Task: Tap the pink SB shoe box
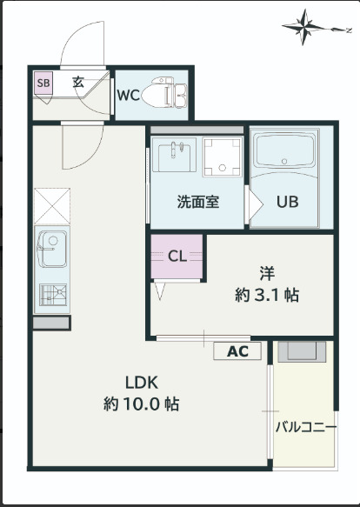click(42, 83)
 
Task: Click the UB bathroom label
click(287, 202)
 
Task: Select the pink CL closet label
click(177, 256)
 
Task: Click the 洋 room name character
click(267, 270)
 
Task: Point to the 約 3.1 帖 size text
click(267, 295)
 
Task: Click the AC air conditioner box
click(237, 351)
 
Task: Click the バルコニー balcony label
click(305, 426)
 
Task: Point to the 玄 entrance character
click(78, 83)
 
